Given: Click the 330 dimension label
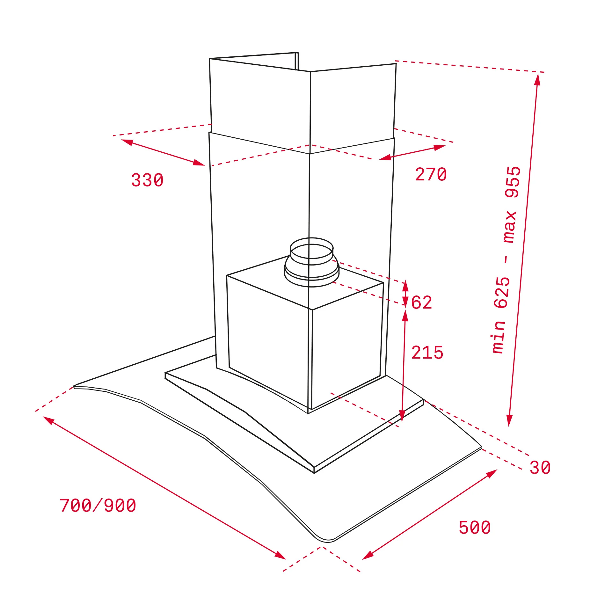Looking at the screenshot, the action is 147,180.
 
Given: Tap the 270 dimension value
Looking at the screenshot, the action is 431,174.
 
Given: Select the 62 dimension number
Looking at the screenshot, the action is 421,302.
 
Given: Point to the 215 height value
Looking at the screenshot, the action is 427,353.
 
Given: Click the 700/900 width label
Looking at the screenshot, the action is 98,506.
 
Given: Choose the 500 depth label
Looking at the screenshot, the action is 475,528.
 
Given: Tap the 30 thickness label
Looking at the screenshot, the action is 540,468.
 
